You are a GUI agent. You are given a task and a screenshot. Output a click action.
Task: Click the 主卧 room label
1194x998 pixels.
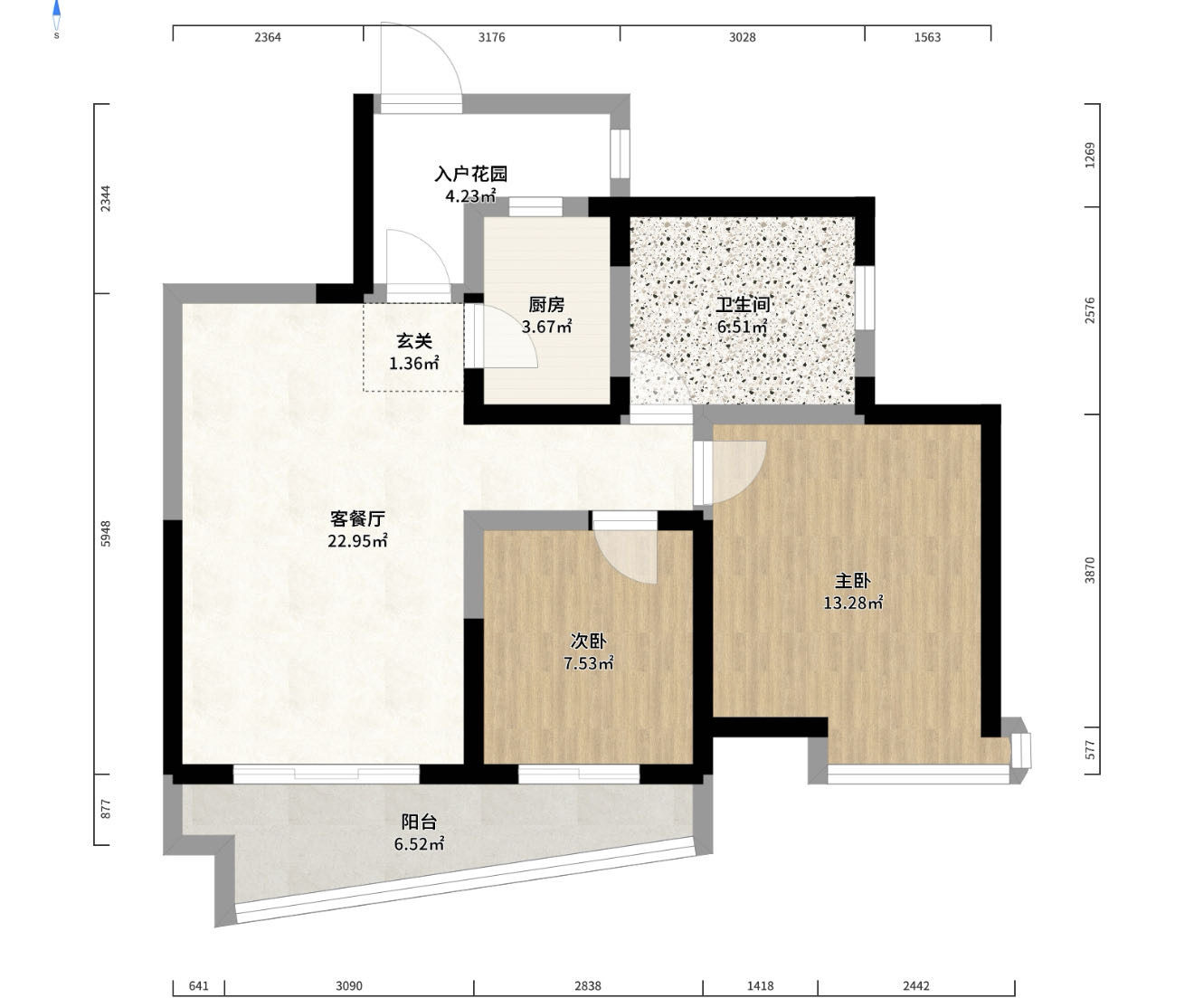(853, 581)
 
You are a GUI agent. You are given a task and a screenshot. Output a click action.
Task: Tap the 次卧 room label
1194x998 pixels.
(589, 642)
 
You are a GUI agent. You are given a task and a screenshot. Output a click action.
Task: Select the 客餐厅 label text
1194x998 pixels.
(357, 518)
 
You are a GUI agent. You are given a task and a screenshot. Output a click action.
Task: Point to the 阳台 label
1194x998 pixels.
(419, 822)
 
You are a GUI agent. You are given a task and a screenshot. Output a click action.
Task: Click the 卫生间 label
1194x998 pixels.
(743, 305)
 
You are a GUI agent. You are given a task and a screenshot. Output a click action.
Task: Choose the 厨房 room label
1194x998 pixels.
(546, 305)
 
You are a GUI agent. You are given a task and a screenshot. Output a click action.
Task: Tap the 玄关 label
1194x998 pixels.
(414, 341)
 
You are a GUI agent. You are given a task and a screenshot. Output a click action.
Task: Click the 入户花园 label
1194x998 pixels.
(471, 174)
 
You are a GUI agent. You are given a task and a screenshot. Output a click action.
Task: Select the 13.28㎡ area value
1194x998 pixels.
(853, 603)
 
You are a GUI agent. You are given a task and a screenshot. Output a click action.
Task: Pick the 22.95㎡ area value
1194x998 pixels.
(358, 540)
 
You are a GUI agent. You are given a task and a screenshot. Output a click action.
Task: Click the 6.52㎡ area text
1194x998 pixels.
(419, 843)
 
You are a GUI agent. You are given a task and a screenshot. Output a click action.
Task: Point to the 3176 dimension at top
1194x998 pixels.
(492, 37)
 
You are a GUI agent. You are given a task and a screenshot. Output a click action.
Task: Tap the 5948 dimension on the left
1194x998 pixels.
(106, 534)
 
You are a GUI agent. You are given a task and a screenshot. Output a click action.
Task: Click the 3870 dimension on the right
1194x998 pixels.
(1090, 570)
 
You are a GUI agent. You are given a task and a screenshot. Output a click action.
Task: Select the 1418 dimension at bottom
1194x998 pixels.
(761, 986)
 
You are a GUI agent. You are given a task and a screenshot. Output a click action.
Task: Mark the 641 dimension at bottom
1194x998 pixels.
(198, 986)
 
